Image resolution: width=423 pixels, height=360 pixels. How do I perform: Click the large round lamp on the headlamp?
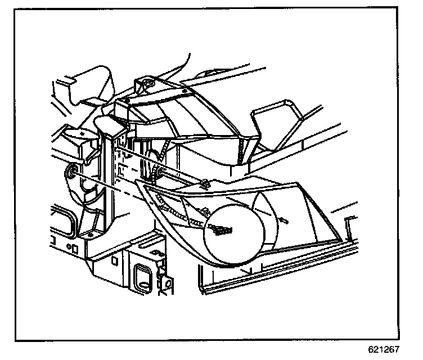232,230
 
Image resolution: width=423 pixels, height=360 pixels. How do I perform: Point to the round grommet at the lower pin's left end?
72,171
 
